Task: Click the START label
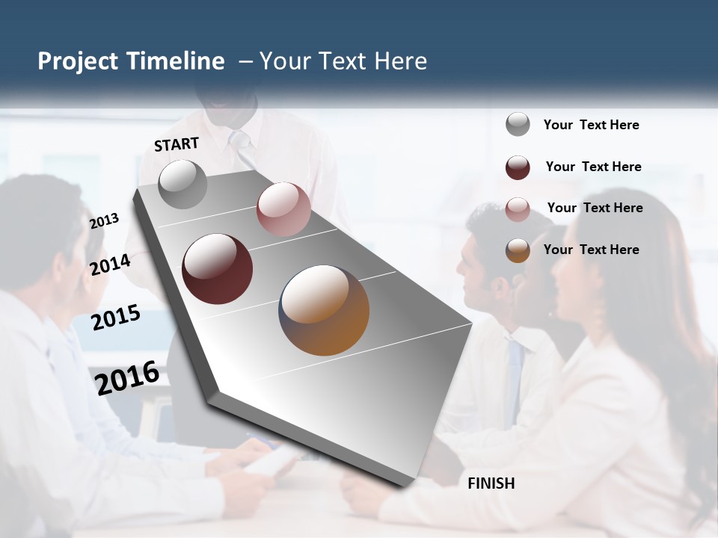(177, 144)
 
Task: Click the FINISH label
(491, 483)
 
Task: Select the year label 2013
(105, 221)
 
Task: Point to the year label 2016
(127, 377)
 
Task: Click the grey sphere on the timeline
(182, 184)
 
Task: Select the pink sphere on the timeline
(283, 208)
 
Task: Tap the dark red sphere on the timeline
(217, 269)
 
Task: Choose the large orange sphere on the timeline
(324, 310)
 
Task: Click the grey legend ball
(518, 125)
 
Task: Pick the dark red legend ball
(518, 167)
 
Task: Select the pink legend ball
(518, 209)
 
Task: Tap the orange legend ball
(518, 250)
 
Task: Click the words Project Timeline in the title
(131, 61)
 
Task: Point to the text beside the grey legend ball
(591, 126)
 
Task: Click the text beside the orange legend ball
(591, 250)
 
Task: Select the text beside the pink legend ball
(595, 208)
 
